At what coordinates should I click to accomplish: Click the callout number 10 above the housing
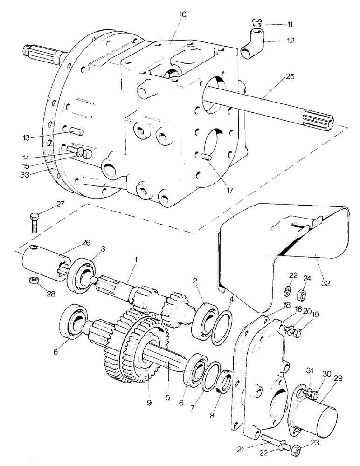(182, 14)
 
